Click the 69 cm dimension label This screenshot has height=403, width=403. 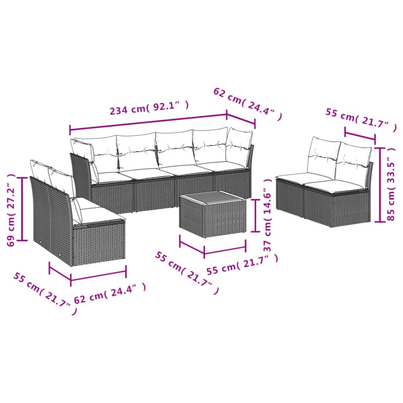(x=11, y=209)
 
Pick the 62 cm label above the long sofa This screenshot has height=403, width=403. (x=247, y=105)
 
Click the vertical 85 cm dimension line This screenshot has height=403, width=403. (x=379, y=184)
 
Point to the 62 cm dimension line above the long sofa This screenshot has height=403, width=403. (x=241, y=120)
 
